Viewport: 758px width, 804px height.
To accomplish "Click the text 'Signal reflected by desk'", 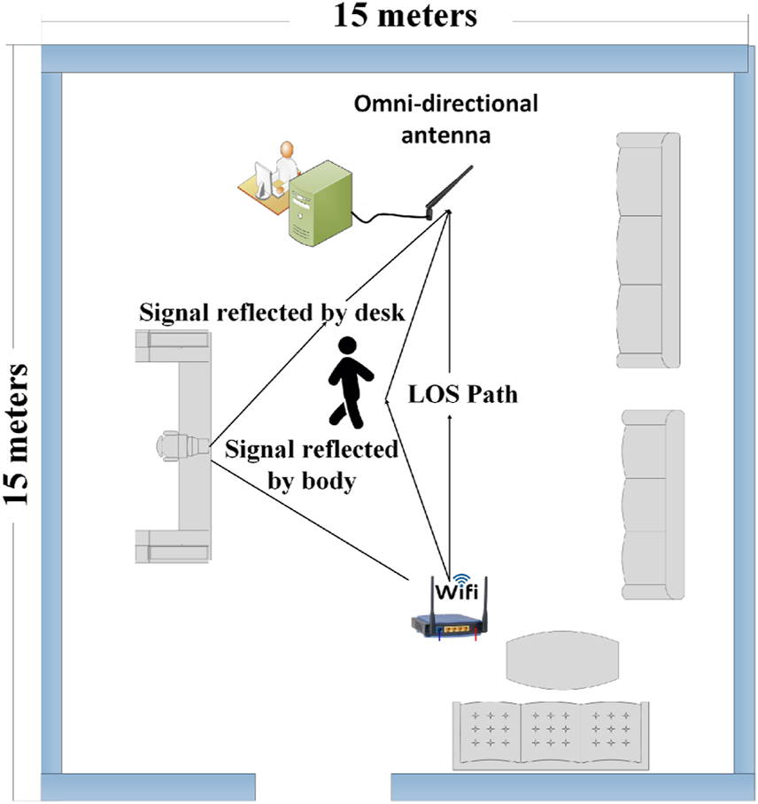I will [272, 314].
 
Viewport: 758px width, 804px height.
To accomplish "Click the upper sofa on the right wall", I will [648, 249].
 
